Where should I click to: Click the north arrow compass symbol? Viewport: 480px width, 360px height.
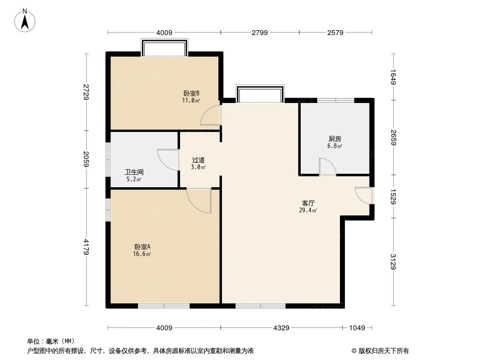pyautogui.click(x=25, y=21)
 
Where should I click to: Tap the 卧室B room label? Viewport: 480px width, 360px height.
pyautogui.click(x=191, y=93)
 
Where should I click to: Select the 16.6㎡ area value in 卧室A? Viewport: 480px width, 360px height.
pyautogui.click(x=142, y=254)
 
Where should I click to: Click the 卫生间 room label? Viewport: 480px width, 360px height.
pyautogui.click(x=134, y=172)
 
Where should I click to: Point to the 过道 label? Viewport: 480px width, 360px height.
pyautogui.click(x=199, y=160)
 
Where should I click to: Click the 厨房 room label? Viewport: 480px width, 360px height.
pyautogui.click(x=335, y=139)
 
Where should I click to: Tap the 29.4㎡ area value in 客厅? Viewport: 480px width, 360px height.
pyautogui.click(x=308, y=210)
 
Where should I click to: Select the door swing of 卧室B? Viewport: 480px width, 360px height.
pyautogui.click(x=210, y=115)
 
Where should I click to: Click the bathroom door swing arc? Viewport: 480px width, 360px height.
pyautogui.click(x=168, y=160)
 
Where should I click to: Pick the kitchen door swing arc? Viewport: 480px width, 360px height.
pyautogui.click(x=327, y=166)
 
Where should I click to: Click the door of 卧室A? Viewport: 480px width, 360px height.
pyautogui.click(x=199, y=201)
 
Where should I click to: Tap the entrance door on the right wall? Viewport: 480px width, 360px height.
pyautogui.click(x=364, y=195)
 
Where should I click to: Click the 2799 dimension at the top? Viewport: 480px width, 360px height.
pyautogui.click(x=260, y=32)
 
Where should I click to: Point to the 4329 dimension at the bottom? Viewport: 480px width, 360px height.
pyautogui.click(x=281, y=328)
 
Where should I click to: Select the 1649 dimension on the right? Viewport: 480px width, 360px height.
pyautogui.click(x=394, y=77)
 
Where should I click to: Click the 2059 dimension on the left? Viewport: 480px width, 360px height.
pyautogui.click(x=86, y=159)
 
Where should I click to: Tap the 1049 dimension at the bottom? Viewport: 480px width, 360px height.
pyautogui.click(x=357, y=328)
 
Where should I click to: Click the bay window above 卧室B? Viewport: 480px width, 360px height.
pyautogui.click(x=164, y=47)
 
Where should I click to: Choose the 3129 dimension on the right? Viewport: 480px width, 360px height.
pyautogui.click(x=394, y=262)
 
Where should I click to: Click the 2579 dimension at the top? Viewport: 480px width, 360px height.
pyautogui.click(x=335, y=32)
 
